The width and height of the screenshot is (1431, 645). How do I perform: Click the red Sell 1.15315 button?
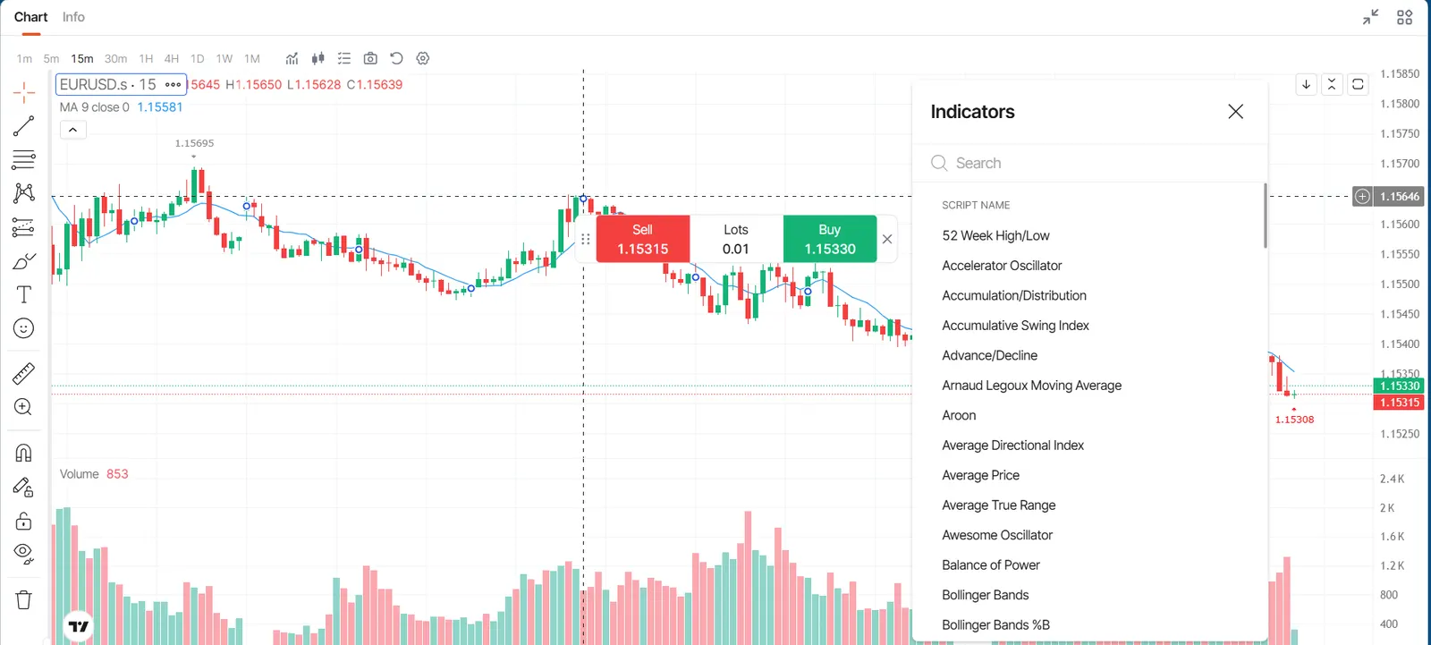coord(643,239)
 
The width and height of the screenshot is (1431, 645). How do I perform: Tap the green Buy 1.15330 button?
coord(830,239)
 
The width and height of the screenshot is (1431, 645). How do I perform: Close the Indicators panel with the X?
coord(1235,112)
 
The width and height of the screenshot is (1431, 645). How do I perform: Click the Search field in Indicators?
coord(1092,163)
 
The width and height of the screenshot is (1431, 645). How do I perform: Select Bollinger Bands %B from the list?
coord(995,624)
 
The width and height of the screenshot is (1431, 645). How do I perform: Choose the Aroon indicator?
coord(958,415)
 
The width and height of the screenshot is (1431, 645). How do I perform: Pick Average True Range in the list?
coord(998,505)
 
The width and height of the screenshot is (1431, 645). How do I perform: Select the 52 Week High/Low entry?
coord(995,236)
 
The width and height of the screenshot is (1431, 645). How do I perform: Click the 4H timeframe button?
coord(171,59)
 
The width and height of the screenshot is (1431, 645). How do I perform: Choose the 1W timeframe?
coord(224,59)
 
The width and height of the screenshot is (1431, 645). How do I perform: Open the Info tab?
coord(73,17)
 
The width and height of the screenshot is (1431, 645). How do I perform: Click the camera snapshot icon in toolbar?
coord(370,59)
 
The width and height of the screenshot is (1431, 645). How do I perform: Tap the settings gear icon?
coord(422,59)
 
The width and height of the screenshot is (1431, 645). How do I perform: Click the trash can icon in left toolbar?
coord(23,599)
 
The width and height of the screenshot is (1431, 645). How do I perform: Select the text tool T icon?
coord(23,294)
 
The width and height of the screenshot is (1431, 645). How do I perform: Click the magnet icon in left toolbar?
coord(23,454)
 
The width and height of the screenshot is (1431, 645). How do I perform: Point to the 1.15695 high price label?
coord(194,144)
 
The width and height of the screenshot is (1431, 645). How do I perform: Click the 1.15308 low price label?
coord(1294,420)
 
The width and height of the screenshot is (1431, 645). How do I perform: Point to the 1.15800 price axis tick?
coord(1400,104)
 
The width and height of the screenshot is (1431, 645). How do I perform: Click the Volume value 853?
coord(117,474)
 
